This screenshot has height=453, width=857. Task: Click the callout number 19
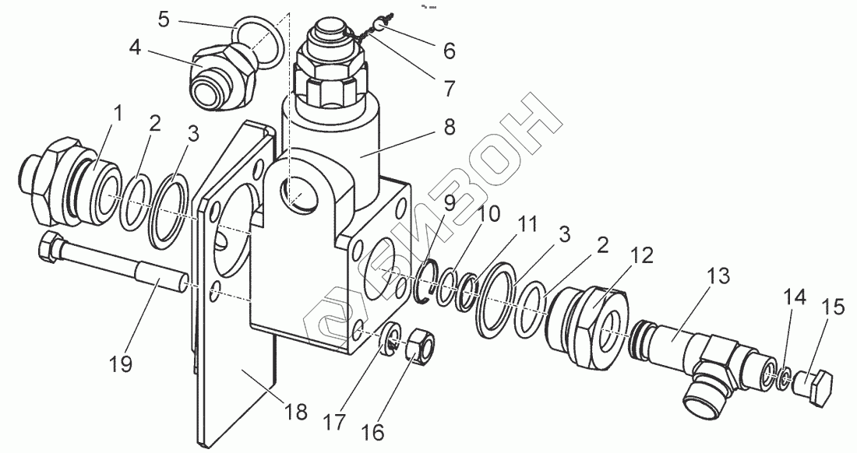121,363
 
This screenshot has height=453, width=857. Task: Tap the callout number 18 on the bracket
296,411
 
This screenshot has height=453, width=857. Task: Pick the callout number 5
163,19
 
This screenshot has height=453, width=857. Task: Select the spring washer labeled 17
393,339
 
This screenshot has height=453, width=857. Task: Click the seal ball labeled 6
377,26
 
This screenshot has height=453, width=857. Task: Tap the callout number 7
448,88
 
